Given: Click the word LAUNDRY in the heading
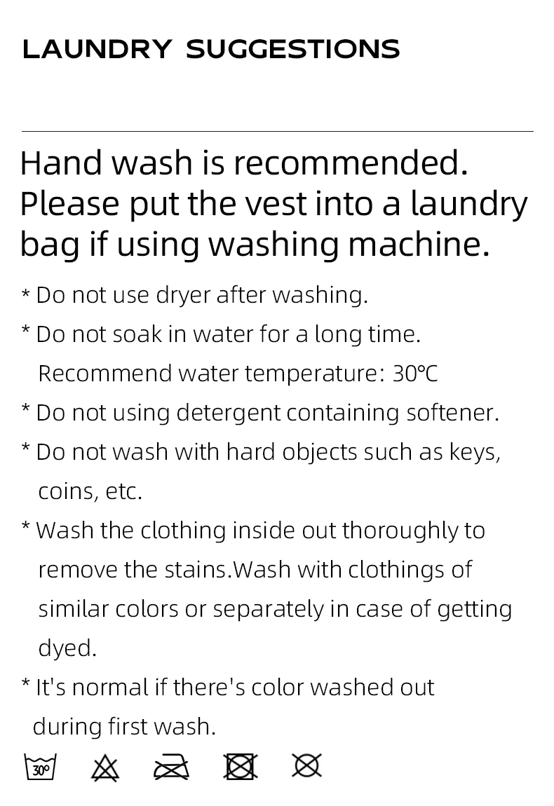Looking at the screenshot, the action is (x=97, y=49).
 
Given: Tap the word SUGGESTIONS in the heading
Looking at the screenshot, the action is (x=292, y=49).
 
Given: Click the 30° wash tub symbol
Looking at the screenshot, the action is (x=40, y=767).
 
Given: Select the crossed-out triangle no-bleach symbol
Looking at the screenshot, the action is (x=105, y=768).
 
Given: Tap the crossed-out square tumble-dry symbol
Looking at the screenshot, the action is (x=241, y=767).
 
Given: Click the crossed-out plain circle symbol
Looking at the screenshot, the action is (x=306, y=766).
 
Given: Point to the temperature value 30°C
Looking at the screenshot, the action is (x=415, y=374).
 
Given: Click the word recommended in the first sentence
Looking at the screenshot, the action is (x=351, y=163).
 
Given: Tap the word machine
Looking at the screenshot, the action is (x=419, y=244).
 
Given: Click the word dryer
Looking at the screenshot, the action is (x=183, y=296).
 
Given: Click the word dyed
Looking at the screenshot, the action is (x=67, y=648).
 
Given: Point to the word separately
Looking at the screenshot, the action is (x=268, y=610).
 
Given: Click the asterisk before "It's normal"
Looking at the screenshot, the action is (x=26, y=683).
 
